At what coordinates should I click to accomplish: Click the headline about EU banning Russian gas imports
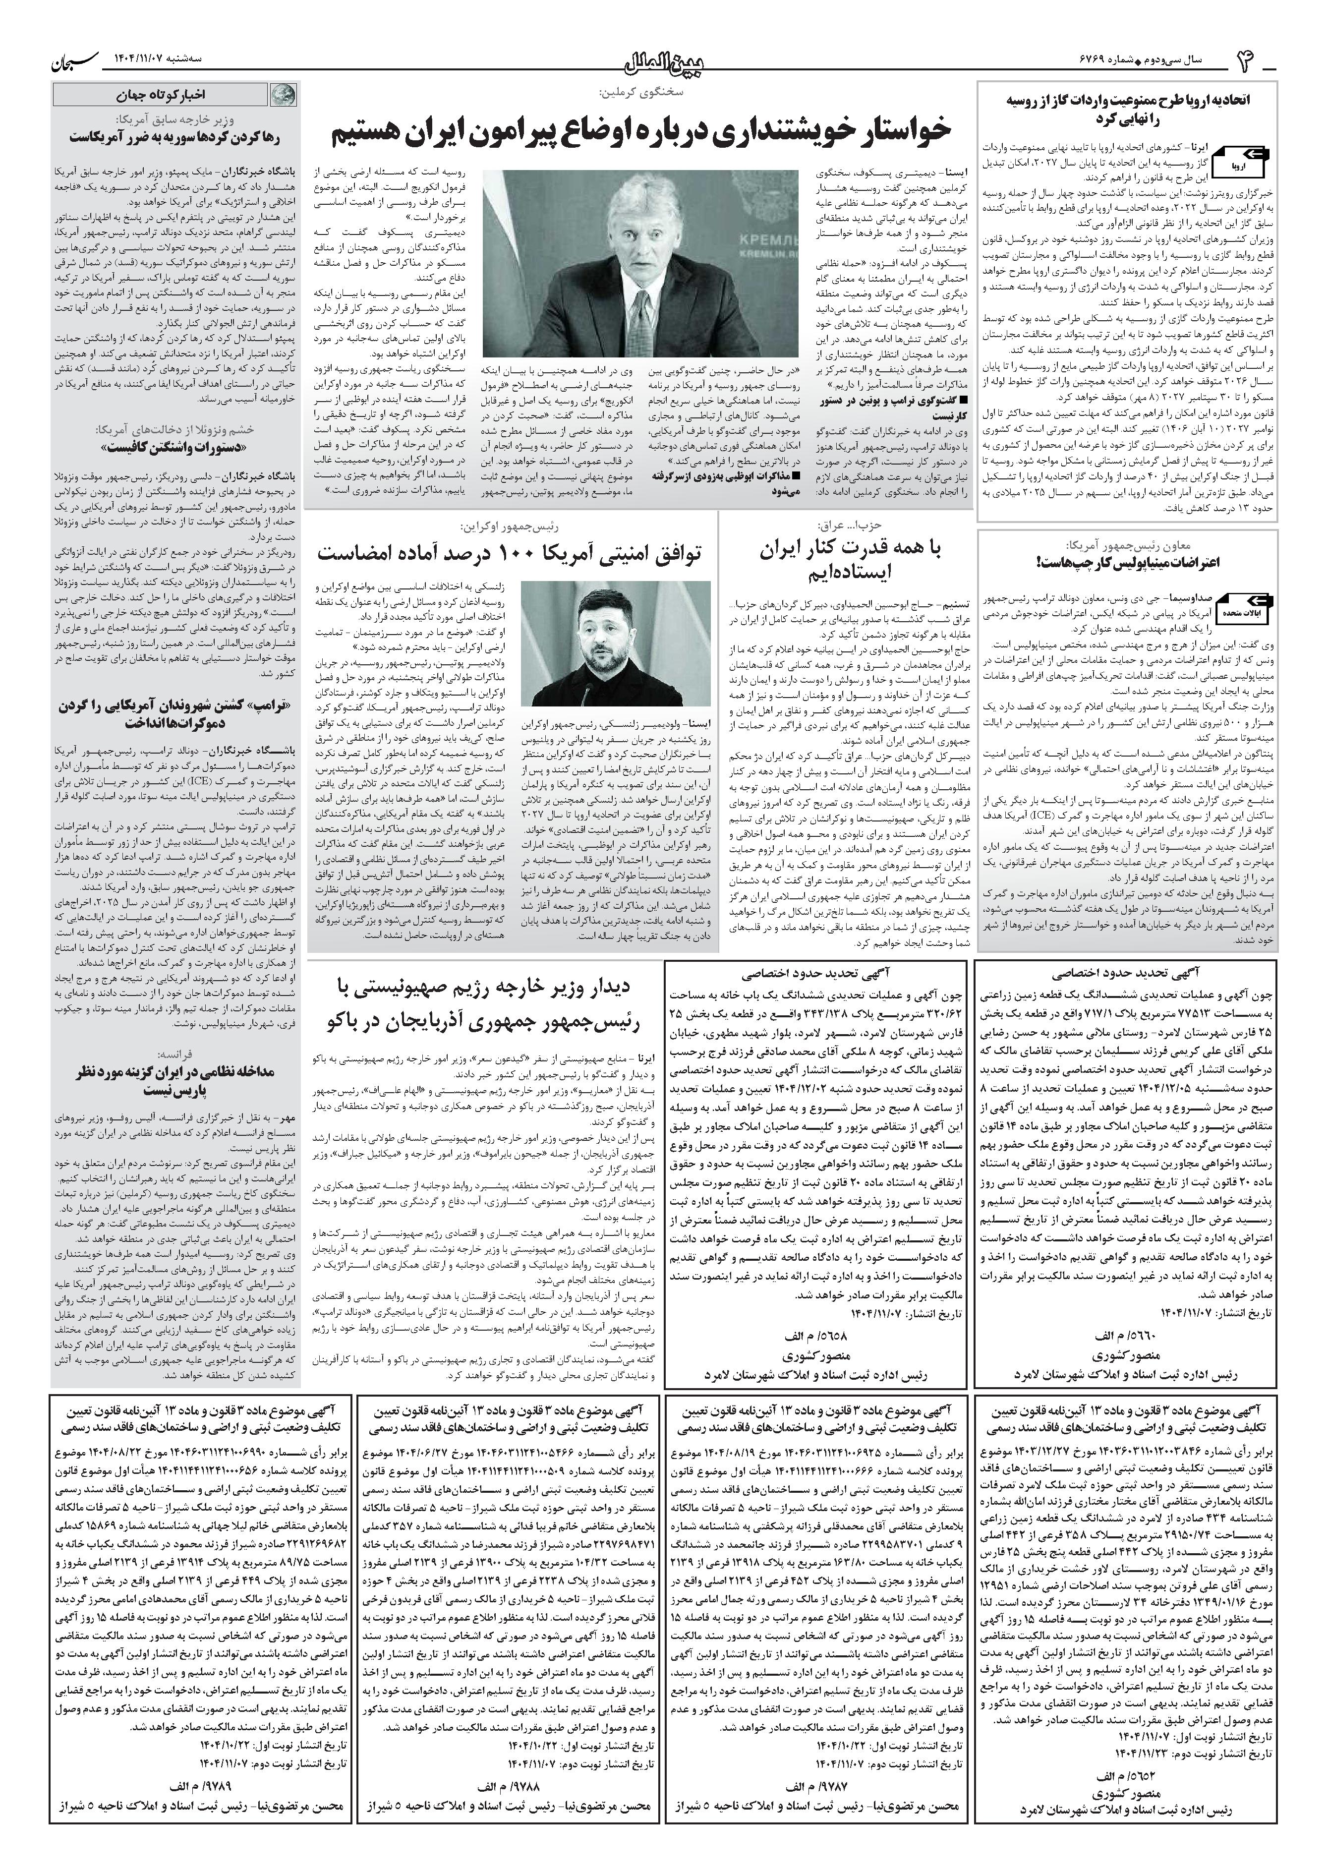click(1128, 109)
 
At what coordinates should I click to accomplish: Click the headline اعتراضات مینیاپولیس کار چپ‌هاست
click(1128, 562)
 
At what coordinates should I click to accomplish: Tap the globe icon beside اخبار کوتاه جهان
click(284, 95)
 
